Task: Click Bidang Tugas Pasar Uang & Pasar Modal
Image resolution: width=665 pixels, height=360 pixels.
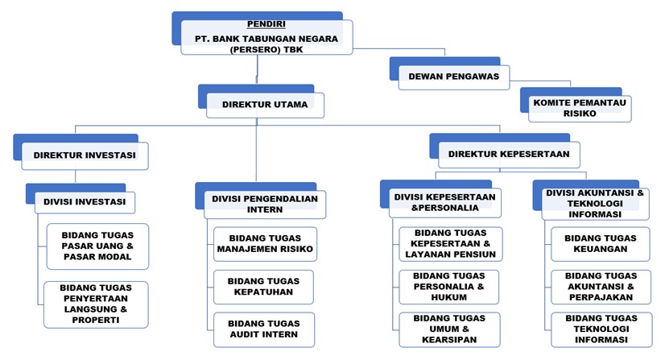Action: click(97, 246)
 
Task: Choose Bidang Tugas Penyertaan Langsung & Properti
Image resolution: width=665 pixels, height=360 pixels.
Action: click(96, 304)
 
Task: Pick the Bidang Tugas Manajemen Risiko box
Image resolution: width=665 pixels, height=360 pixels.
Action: click(265, 244)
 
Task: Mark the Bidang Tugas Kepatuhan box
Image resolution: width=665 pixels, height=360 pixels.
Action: click(263, 287)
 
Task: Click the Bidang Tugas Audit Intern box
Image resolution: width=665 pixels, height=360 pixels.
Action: click(264, 329)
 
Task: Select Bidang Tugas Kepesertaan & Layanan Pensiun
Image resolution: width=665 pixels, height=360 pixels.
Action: click(450, 244)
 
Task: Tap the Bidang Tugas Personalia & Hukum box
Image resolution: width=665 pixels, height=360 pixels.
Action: click(448, 287)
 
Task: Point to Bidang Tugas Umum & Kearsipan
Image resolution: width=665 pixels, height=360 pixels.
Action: click(449, 329)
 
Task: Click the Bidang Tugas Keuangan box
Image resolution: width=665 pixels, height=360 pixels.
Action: click(600, 244)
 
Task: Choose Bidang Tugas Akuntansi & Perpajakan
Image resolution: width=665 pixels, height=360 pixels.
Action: click(601, 287)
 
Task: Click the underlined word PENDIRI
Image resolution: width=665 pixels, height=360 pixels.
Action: click(266, 24)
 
